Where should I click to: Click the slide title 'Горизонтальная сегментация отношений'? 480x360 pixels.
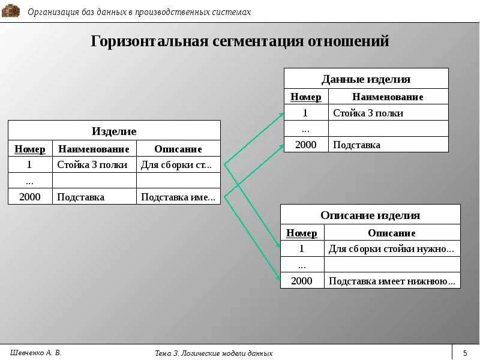click(x=240, y=41)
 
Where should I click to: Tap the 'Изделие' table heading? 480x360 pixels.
click(x=114, y=131)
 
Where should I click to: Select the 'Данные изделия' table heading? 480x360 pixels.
click(x=366, y=79)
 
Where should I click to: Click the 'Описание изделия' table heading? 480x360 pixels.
click(x=370, y=215)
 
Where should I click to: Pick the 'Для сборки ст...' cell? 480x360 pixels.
click(x=176, y=164)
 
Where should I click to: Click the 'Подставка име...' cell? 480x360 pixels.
click(x=178, y=197)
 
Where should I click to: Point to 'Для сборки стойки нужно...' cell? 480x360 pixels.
click(x=391, y=248)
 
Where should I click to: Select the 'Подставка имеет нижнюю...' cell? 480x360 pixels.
click(x=392, y=280)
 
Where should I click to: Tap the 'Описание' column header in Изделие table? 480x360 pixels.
click(x=178, y=149)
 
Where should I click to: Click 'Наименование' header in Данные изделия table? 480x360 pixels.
click(x=388, y=97)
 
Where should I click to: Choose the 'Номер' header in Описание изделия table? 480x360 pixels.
click(x=302, y=233)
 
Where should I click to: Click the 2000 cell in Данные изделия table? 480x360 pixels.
click(x=305, y=145)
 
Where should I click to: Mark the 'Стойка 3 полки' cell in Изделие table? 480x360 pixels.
click(x=92, y=164)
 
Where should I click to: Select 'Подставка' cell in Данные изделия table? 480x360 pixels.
click(x=356, y=145)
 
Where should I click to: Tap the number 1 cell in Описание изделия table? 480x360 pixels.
click(x=302, y=248)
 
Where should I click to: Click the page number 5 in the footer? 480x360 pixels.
click(x=465, y=352)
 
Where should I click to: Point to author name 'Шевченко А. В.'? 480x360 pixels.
click(x=36, y=352)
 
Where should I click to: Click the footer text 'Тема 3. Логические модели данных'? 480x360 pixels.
click(x=214, y=353)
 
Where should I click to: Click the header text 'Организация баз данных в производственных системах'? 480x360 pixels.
click(x=139, y=12)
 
